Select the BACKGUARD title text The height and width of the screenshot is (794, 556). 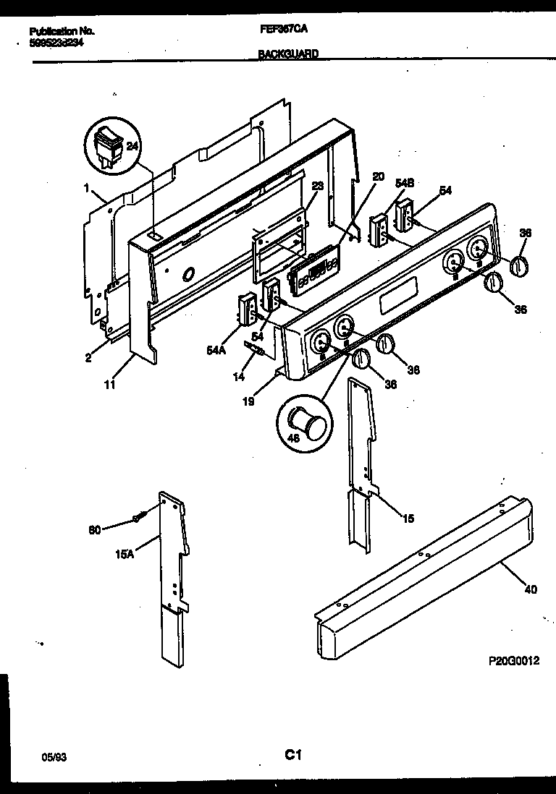[287, 54]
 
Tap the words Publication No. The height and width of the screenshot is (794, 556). [62, 33]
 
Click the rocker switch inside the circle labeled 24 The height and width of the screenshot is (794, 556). [109, 148]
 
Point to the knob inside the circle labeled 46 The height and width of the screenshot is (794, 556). [304, 422]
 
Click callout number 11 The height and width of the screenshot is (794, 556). [109, 386]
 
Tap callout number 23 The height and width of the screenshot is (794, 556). [317, 185]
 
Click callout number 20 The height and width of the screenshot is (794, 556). [378, 176]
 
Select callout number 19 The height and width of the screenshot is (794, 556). [248, 402]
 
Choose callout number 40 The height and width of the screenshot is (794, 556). [530, 589]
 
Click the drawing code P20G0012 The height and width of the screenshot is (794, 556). [513, 661]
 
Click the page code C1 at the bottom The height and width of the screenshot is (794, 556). [292, 756]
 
